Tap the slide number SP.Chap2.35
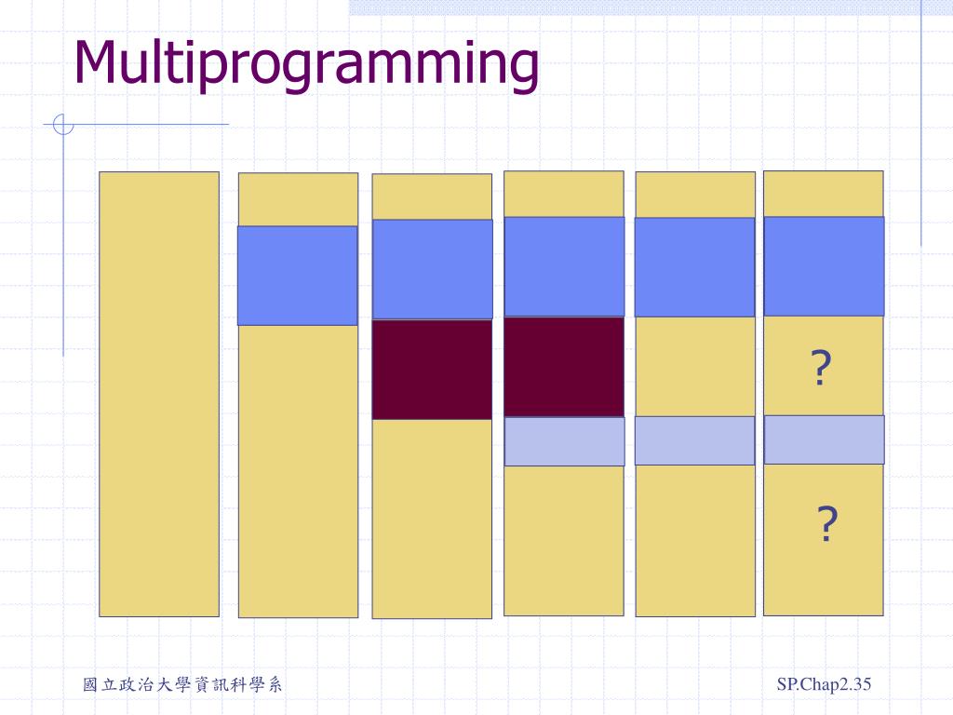pyautogui.click(x=824, y=685)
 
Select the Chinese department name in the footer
pyautogui.click(x=182, y=685)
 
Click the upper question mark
pyautogui.click(x=820, y=369)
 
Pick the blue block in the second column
pyautogui.click(x=297, y=276)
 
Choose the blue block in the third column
pyautogui.click(x=432, y=269)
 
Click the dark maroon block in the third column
pyautogui.click(x=432, y=370)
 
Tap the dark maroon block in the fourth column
pyautogui.click(x=564, y=367)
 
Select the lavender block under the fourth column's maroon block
pyautogui.click(x=564, y=441)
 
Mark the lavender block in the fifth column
pyautogui.click(x=694, y=440)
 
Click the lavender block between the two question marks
pyautogui.click(x=824, y=439)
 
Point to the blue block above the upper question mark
pyautogui.click(x=824, y=266)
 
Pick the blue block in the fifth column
pyautogui.click(x=694, y=267)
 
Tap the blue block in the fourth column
pyautogui.click(x=564, y=266)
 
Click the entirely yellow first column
pyautogui.click(x=159, y=394)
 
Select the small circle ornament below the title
pyautogui.click(x=62, y=124)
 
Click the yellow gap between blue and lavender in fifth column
pyautogui.click(x=694, y=366)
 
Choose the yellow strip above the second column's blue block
pyautogui.click(x=298, y=199)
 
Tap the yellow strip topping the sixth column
pyautogui.click(x=824, y=194)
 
